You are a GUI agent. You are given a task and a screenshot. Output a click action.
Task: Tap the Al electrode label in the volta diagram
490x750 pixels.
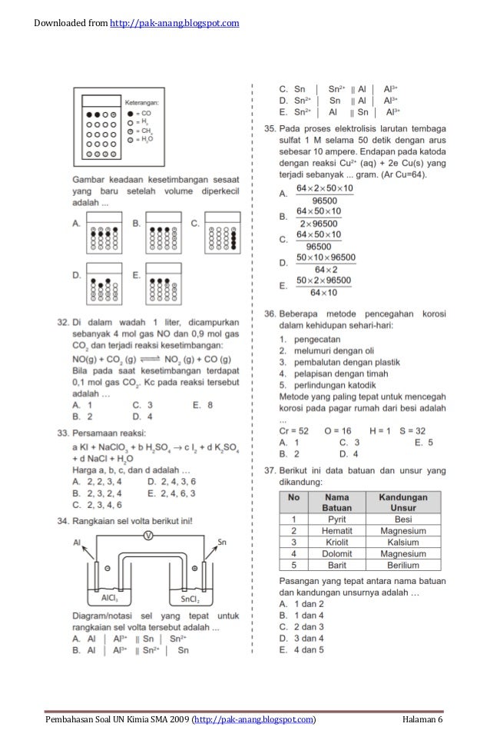(x=77, y=542)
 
